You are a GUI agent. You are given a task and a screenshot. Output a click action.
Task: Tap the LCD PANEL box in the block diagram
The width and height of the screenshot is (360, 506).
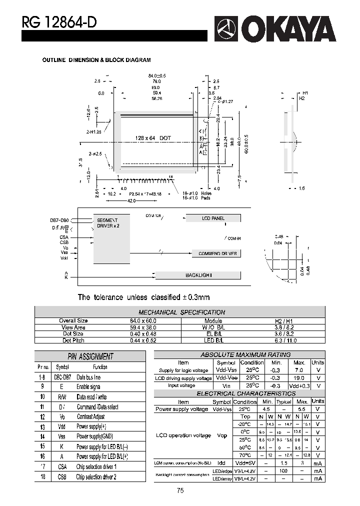point(213,218)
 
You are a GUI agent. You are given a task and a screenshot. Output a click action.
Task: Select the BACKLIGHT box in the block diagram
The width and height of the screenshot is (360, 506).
point(198,275)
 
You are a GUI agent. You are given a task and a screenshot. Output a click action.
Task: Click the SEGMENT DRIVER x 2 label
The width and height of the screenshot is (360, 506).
point(108,223)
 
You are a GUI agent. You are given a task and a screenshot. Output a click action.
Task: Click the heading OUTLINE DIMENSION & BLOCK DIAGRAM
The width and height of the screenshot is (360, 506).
point(96,60)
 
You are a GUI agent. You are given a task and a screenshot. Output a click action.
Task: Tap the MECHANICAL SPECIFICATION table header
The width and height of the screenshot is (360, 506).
point(181,312)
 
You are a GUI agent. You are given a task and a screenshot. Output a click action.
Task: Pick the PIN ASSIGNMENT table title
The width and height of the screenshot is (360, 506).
point(90,356)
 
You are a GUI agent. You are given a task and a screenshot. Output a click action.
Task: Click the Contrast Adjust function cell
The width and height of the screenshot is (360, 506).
point(90,416)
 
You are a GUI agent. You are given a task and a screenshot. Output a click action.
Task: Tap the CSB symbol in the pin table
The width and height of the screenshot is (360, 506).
point(61,477)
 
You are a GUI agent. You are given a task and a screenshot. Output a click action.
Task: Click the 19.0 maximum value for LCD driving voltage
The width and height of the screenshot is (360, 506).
point(299,378)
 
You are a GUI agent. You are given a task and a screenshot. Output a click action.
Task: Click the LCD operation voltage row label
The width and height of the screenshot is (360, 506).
point(183,435)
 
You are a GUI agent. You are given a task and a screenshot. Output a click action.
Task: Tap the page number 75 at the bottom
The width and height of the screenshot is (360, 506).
point(180,490)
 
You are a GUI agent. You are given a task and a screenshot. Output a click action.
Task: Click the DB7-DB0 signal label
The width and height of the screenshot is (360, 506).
point(59,220)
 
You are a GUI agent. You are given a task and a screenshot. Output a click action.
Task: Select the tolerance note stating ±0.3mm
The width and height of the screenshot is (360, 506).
point(136,297)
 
